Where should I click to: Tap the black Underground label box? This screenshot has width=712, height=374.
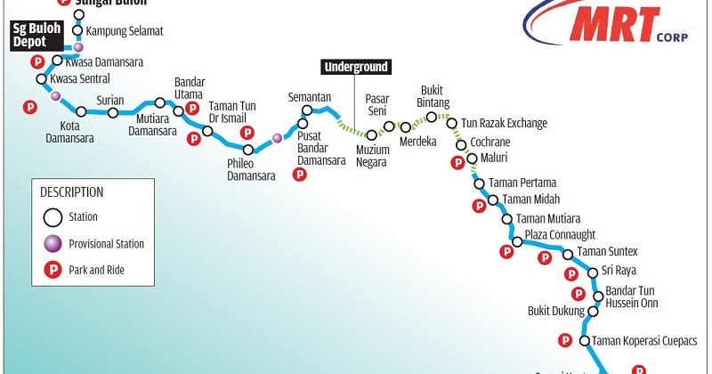tap(356, 67)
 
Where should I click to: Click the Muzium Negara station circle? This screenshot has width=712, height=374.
tap(372, 134)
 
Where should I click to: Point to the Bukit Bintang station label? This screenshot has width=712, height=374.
tap(433, 96)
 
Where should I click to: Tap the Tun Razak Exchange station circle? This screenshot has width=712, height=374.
tap(452, 124)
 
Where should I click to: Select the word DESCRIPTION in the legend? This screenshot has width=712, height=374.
tap(74, 191)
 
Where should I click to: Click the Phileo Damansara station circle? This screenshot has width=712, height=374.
tap(248, 149)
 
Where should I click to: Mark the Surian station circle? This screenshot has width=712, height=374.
tap(113, 112)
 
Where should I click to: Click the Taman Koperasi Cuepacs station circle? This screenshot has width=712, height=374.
tap(585, 341)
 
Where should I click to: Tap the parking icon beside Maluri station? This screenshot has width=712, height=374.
tap(458, 162)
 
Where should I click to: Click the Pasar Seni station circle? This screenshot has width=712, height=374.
tap(389, 126)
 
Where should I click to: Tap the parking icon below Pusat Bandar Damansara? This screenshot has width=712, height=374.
tap(300, 175)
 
